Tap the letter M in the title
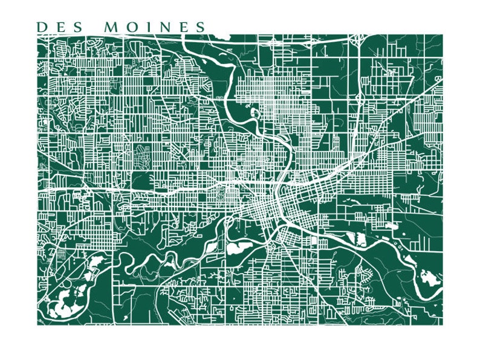112,27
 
